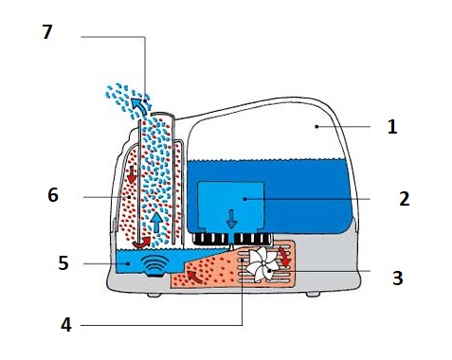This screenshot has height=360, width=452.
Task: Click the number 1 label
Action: click(392, 127)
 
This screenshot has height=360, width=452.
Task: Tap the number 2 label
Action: click(405, 199)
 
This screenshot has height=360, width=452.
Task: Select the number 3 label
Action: click(398, 278)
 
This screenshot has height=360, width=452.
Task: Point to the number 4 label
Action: click(66, 324)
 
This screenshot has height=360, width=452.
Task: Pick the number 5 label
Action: click(63, 262)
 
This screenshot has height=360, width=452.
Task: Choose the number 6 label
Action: click(53, 195)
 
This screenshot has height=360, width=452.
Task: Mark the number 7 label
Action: click(47, 32)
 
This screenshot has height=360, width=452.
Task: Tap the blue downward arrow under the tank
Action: click(231, 219)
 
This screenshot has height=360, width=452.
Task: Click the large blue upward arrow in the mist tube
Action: click(156, 223)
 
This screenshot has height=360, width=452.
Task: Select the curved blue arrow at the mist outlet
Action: click(139, 106)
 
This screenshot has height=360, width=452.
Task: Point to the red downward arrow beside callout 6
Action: click(132, 174)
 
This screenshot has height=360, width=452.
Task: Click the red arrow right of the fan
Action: click(285, 257)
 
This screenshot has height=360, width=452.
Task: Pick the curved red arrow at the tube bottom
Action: click(141, 243)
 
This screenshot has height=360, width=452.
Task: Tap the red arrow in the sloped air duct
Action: click(195, 277)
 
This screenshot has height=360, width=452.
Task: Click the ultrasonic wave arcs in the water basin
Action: click(154, 263)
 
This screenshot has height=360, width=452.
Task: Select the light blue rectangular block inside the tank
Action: click(231, 206)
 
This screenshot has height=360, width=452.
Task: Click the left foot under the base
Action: click(154, 295)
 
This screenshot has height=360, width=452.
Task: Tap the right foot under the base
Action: click(313, 294)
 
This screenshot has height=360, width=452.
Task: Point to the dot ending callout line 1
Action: click(316, 127)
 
